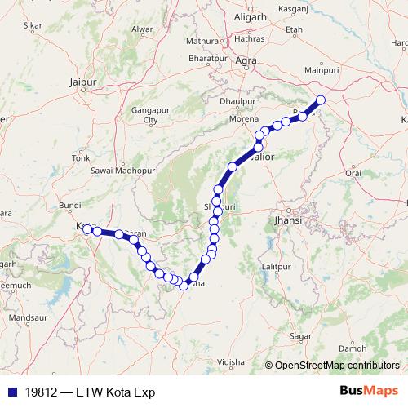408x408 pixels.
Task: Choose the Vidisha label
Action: pos(232,361)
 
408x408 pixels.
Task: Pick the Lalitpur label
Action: pos(275,268)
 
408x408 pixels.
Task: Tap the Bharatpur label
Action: pos(206,60)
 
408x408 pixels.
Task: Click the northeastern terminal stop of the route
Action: pos(321,100)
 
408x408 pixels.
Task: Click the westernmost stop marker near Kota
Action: pos(87,229)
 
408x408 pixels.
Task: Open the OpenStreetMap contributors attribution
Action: pos(337,365)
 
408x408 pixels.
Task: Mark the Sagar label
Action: pos(303,336)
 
